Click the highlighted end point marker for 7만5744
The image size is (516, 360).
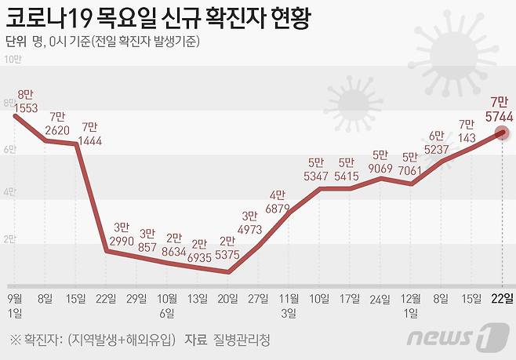click(502, 133)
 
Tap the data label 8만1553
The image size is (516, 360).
click(26, 100)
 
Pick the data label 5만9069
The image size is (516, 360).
click(380, 162)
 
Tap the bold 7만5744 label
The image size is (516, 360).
click(500, 109)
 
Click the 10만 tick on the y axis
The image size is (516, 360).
click(12, 59)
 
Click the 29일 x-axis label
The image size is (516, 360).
click(136, 298)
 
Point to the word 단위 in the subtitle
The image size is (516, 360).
click(16, 41)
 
